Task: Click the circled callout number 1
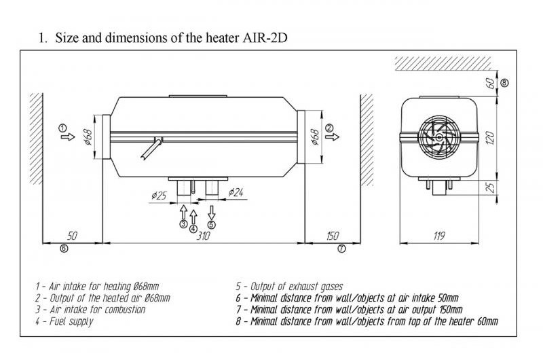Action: coord(62,127)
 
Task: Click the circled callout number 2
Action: coord(329,127)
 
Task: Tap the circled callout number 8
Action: coord(504,82)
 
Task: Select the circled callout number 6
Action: coord(64,249)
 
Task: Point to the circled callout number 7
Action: coord(341,249)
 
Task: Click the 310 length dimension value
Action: coord(203,236)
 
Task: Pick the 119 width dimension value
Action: coord(438,236)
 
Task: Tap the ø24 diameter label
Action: coord(236,192)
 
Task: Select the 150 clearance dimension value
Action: coord(332,236)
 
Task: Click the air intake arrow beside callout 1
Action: coord(67,137)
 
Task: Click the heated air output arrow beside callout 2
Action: coord(333,137)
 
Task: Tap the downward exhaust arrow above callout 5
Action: coord(212,210)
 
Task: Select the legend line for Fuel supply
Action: coord(65,321)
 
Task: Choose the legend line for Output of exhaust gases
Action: coord(289,286)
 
